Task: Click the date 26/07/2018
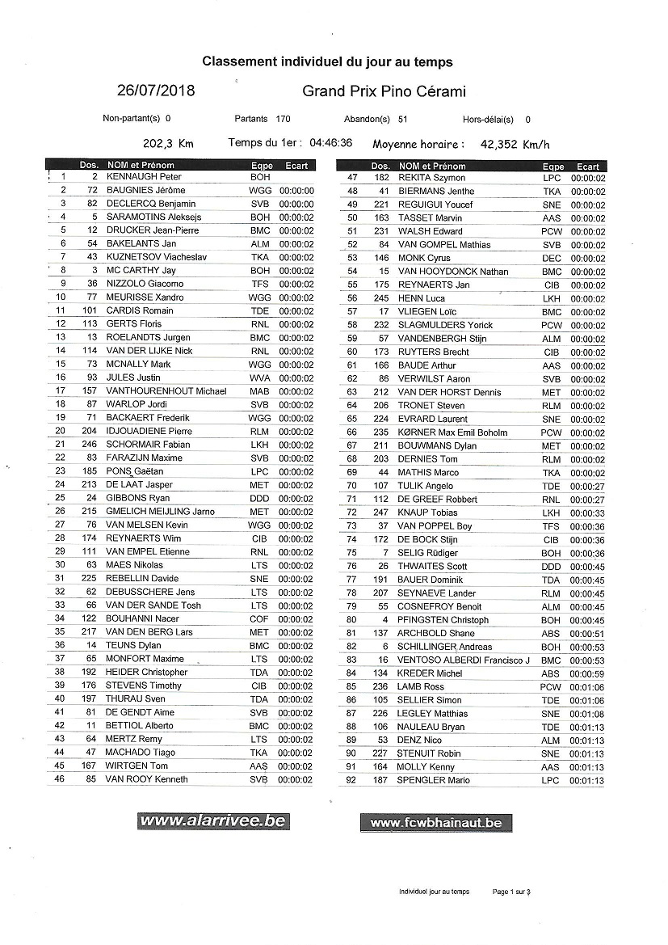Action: coord(155,91)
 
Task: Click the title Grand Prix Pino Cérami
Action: coord(384,91)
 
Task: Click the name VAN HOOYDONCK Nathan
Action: coord(453,272)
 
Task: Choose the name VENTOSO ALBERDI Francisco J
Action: coord(463,660)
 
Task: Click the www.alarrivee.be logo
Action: coord(212,821)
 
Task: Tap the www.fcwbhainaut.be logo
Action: coord(435,823)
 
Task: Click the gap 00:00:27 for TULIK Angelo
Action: coord(587,486)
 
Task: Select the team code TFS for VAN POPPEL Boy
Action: coord(551,526)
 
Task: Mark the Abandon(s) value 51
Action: coord(403,119)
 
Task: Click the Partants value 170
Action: coord(283,119)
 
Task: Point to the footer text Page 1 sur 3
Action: coord(511,892)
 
